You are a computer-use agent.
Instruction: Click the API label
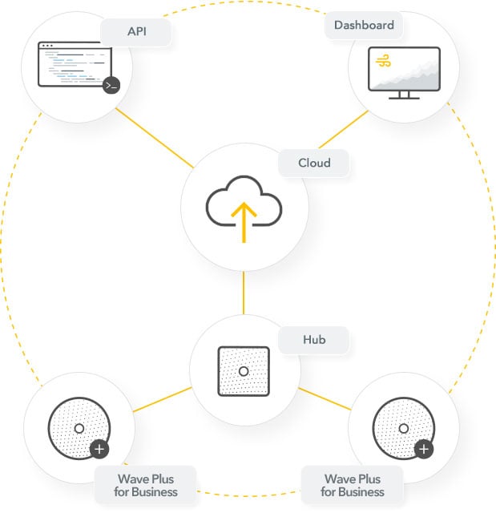coord(135,33)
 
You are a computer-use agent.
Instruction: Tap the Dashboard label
coord(364,25)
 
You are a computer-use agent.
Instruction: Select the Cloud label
coord(314,164)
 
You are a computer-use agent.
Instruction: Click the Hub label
coord(314,340)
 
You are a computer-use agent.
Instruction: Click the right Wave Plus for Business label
coord(353,485)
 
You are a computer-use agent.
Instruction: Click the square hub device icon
coord(244,371)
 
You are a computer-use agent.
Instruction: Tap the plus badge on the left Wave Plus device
coord(99,449)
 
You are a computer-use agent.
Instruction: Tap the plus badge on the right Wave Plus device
coord(425,448)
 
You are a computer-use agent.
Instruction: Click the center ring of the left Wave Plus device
coord(79,428)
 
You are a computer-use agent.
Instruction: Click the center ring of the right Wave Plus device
coord(404,427)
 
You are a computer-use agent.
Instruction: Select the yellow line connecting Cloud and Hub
coord(244,293)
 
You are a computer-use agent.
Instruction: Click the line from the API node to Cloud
coord(155,138)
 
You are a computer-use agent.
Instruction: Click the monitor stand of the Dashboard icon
coord(404,95)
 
